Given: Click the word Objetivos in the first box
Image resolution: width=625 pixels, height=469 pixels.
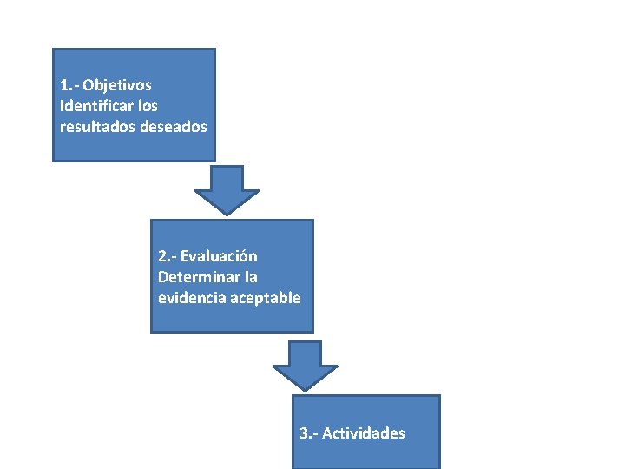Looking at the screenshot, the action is click(x=117, y=85).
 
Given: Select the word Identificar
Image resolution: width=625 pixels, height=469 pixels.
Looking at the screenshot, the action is click(x=95, y=106).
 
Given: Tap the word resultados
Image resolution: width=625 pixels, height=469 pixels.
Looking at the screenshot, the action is click(x=93, y=127).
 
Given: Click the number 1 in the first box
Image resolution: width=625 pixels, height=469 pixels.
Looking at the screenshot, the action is click(x=65, y=85).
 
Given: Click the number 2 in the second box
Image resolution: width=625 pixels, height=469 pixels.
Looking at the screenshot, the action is click(x=163, y=256).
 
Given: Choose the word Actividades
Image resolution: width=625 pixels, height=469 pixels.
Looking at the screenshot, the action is click(x=364, y=433).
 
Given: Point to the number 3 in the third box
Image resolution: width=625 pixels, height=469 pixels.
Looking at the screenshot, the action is click(x=304, y=433).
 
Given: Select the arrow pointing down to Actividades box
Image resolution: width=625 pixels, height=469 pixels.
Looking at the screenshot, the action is click(x=305, y=364).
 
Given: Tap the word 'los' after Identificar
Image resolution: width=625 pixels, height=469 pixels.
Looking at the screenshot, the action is click(x=146, y=106).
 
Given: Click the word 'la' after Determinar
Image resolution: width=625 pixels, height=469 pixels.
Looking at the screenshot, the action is click(x=251, y=277).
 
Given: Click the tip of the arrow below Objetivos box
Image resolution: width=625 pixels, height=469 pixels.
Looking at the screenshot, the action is click(x=227, y=213).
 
